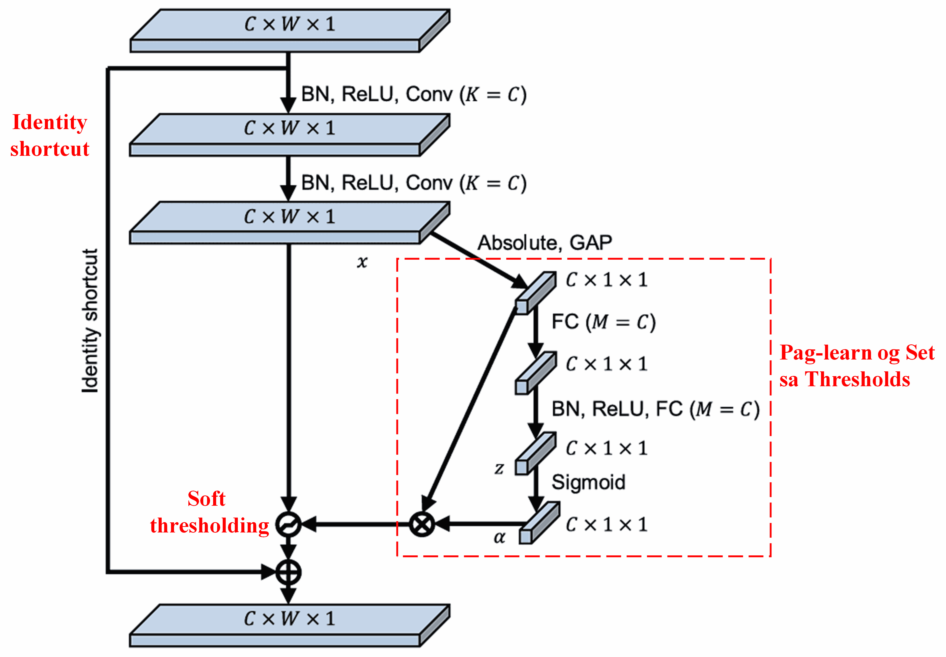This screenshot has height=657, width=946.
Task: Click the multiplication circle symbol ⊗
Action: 422,524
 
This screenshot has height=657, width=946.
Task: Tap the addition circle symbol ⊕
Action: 288,572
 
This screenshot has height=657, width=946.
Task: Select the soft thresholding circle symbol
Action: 288,524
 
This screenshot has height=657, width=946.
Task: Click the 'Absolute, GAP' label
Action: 544,243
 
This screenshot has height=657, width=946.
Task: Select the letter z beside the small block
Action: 499,468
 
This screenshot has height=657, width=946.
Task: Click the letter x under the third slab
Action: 362,261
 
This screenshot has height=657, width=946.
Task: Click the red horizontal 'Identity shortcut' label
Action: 49,135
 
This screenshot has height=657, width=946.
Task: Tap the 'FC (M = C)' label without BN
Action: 603,322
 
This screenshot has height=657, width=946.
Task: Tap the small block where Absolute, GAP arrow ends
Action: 535,293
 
